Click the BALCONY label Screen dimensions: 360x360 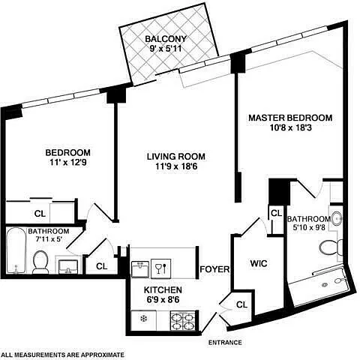166,39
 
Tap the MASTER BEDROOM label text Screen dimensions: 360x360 290,118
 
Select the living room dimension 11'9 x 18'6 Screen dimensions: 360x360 176,166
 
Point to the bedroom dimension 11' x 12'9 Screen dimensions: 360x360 68,163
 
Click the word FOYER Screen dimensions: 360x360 214,269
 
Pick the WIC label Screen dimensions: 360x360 259,263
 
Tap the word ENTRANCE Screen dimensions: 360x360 225,343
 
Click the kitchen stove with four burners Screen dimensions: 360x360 183,321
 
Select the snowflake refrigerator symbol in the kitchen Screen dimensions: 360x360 143,319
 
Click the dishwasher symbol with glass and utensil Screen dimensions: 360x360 161,268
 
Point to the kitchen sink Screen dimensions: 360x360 140,269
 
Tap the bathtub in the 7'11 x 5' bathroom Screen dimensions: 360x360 16,250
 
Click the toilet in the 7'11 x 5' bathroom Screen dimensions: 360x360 40,262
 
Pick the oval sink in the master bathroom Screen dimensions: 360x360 337,219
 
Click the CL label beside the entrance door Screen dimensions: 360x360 241,304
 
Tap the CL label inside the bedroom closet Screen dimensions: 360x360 40,214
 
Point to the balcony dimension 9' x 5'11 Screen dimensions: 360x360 166,48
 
